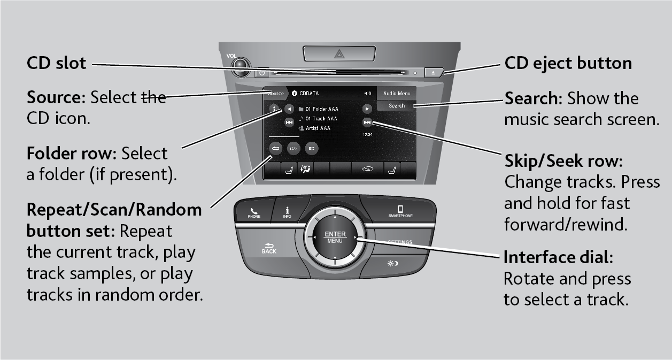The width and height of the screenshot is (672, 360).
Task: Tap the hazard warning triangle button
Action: (338, 53)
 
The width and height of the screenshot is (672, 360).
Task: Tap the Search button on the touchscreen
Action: (397, 106)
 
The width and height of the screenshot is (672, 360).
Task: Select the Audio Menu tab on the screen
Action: (397, 94)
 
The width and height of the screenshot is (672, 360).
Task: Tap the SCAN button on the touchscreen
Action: (293, 149)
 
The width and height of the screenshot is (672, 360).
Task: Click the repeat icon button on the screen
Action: (276, 149)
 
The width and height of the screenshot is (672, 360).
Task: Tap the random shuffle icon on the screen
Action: (311, 149)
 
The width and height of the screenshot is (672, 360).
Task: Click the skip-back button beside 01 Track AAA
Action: (289, 122)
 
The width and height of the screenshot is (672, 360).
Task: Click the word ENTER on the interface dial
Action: (335, 234)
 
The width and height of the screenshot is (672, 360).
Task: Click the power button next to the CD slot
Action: (262, 73)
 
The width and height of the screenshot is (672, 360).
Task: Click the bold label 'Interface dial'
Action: (556, 257)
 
